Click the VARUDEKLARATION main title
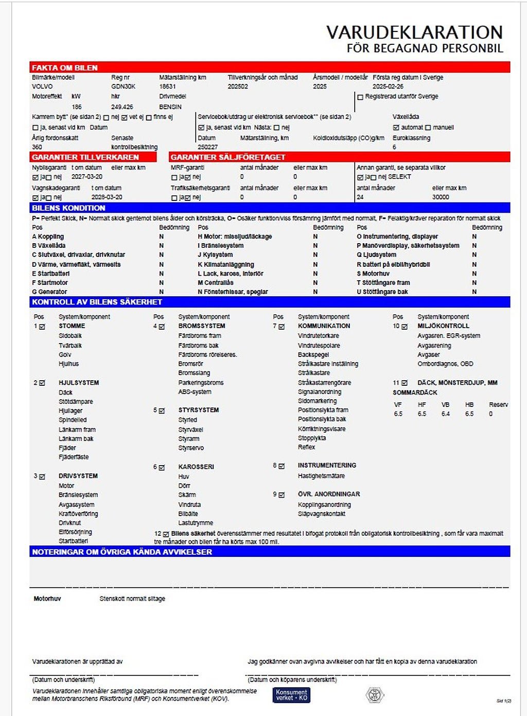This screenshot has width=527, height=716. [x=414, y=32]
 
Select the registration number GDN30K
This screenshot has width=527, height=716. [x=123, y=87]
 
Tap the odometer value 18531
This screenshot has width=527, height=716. [x=167, y=87]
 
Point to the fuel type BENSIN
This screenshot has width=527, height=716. [x=170, y=107]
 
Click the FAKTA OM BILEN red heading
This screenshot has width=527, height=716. [x=65, y=67]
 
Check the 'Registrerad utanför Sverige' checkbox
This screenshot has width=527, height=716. [x=360, y=97]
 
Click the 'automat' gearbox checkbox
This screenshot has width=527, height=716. [x=396, y=127]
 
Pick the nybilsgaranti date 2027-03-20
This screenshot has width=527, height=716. [x=86, y=177]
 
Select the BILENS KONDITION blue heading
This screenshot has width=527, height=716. [x=68, y=208]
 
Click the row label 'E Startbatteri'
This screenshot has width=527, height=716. [x=50, y=274]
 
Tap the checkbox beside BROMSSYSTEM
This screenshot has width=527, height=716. [x=162, y=327]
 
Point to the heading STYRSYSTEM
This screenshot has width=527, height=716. [x=199, y=410]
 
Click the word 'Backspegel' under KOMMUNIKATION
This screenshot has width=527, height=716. [x=313, y=355]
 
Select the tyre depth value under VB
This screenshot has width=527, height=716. [x=446, y=414]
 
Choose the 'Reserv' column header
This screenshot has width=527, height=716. [x=498, y=405]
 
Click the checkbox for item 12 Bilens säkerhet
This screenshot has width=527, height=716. [x=166, y=534]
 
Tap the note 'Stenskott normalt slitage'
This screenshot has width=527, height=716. [x=132, y=599]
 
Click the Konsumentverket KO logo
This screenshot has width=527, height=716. [x=291, y=695]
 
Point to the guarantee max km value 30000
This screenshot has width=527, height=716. [x=441, y=197]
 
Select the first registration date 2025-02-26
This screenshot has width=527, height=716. [x=388, y=87]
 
